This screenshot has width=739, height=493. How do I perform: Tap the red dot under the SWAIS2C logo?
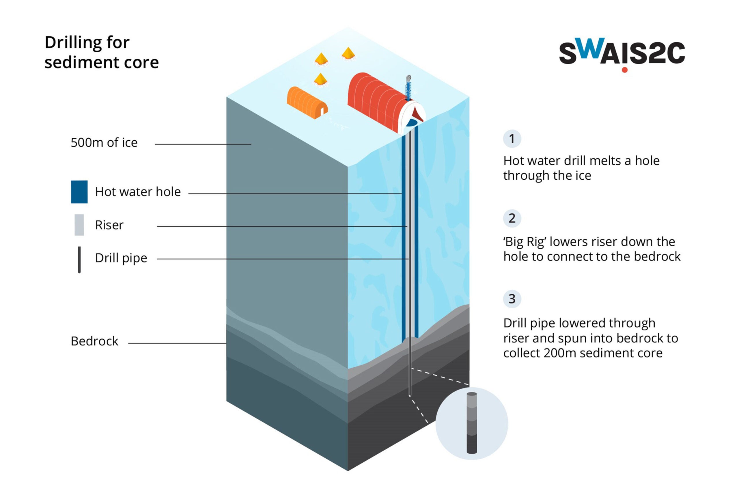(625, 70)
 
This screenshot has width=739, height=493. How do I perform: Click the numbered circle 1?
(512, 139)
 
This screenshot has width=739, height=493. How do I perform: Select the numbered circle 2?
(512, 218)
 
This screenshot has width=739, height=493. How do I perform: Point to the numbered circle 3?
(512, 299)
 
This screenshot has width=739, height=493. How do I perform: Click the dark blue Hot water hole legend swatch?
(79, 192)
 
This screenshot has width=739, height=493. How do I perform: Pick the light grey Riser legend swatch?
(79, 225)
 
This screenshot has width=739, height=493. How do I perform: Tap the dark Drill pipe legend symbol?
(79, 260)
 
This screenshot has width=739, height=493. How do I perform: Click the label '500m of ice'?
(104, 143)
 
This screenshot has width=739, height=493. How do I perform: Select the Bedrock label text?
(94, 341)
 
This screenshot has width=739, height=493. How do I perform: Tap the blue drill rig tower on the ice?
(408, 88)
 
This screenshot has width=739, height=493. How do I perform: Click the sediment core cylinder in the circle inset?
(472, 423)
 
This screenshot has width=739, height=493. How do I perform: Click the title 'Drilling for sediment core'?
(102, 52)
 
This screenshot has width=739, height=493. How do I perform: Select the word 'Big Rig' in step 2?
(525, 242)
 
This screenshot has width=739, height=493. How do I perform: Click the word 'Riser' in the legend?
(109, 225)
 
